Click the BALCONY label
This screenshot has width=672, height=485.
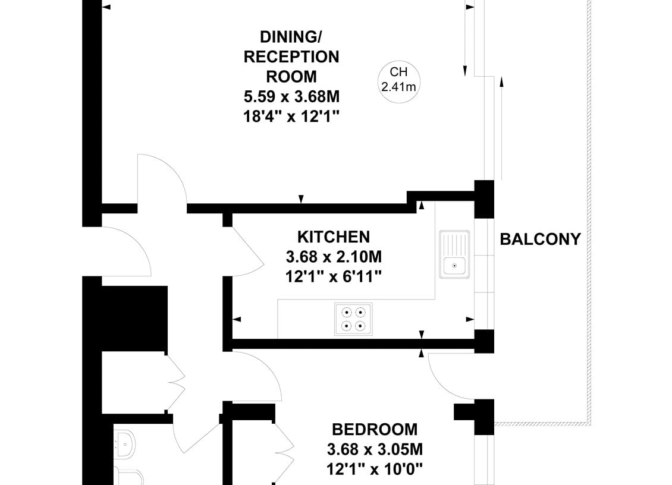click(x=540, y=239)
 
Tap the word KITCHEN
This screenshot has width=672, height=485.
click(x=334, y=237)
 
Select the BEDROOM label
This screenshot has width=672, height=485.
click(x=375, y=429)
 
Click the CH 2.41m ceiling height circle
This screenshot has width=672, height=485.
click(x=398, y=81)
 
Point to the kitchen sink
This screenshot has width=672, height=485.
click(x=454, y=254)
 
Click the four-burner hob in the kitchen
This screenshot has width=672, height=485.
click(x=353, y=319)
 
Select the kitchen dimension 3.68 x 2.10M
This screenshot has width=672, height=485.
click(x=334, y=257)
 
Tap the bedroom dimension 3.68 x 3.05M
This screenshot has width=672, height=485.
click(x=375, y=449)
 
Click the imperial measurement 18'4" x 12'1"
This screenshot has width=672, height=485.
click(x=291, y=116)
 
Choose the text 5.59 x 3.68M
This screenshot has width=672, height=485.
click(x=291, y=96)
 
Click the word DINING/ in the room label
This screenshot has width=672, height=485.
click(x=291, y=37)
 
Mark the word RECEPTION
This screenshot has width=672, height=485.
click(x=291, y=57)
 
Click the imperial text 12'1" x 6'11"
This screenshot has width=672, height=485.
click(x=334, y=277)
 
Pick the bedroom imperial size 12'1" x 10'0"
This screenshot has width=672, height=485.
click(x=375, y=469)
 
